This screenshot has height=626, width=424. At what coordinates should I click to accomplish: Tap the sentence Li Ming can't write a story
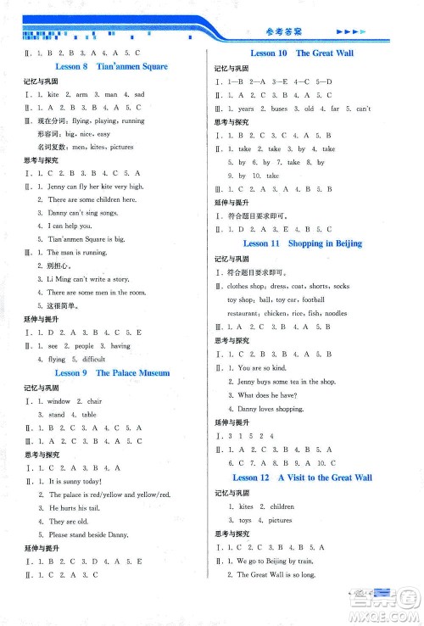click(x=85, y=279)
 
